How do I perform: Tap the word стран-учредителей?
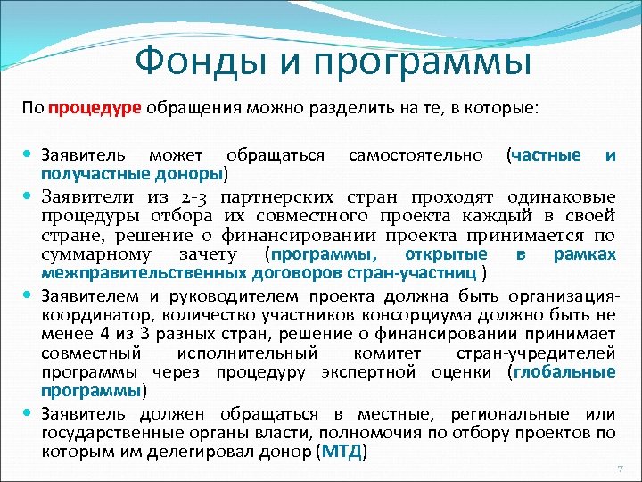click(548, 353)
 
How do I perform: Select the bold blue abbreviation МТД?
click(342, 452)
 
